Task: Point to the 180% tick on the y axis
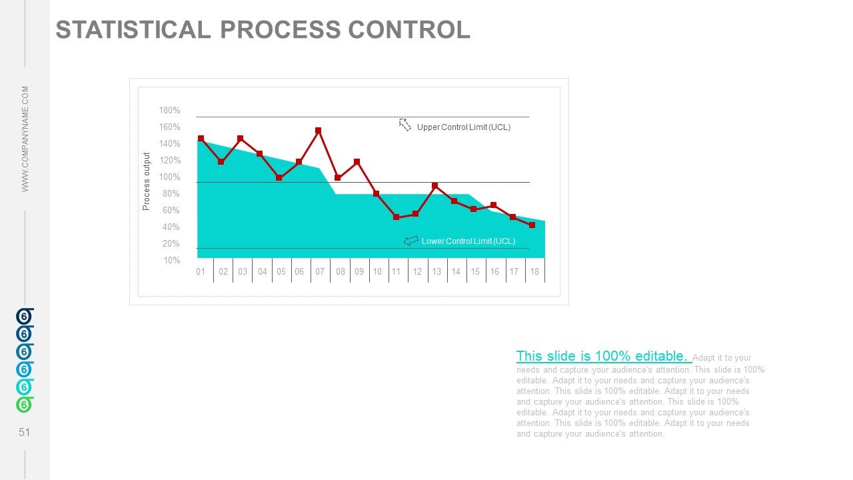[169, 111]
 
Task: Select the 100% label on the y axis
[169, 177]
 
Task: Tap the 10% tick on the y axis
[171, 261]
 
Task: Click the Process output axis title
[147, 182]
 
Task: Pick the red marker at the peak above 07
[319, 131]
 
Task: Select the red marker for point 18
[532, 225]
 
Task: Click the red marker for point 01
[201, 139]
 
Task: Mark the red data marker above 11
[396, 217]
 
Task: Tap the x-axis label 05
[281, 272]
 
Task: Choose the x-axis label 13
[436, 272]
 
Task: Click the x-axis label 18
[534, 272]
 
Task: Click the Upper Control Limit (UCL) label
[463, 127]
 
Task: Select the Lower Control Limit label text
[468, 241]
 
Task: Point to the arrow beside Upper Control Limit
[405, 125]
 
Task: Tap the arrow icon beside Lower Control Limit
[411, 241]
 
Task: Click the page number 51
[25, 433]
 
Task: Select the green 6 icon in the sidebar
[24, 405]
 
